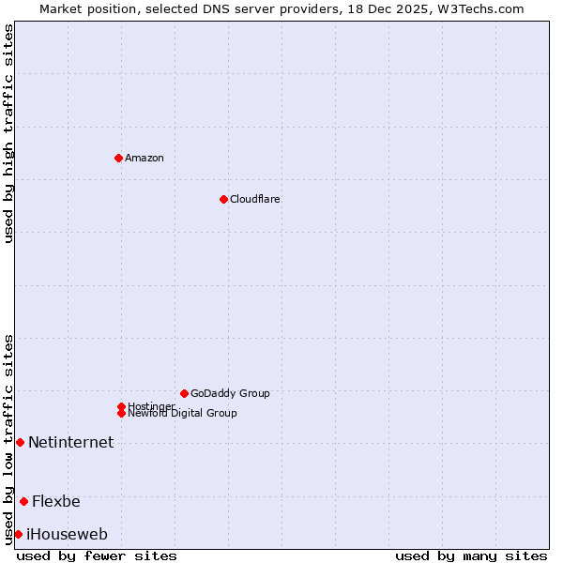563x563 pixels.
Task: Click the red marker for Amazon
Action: [118, 158]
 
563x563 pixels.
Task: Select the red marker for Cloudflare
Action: [223, 199]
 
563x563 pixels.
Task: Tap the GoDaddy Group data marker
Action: [184, 393]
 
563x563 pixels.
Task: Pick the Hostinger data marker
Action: [121, 406]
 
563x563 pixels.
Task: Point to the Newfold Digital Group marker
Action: [121, 413]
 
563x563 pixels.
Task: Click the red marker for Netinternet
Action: [20, 442]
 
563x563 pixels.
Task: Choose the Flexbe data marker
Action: [23, 501]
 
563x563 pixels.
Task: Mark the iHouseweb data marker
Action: [18, 534]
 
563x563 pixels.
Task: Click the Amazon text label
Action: [145, 158]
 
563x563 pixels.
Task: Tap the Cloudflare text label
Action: [255, 199]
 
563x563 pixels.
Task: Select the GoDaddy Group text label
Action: [230, 393]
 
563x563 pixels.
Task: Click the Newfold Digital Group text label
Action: [183, 414]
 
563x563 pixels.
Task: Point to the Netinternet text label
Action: [70, 443]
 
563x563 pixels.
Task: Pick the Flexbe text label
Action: [56, 502]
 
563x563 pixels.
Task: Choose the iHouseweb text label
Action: [67, 535]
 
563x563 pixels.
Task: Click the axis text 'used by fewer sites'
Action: [97, 555]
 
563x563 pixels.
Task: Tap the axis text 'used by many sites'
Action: [471, 555]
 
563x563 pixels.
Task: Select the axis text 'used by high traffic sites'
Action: [8, 133]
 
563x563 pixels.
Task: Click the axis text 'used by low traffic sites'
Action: [8, 438]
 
